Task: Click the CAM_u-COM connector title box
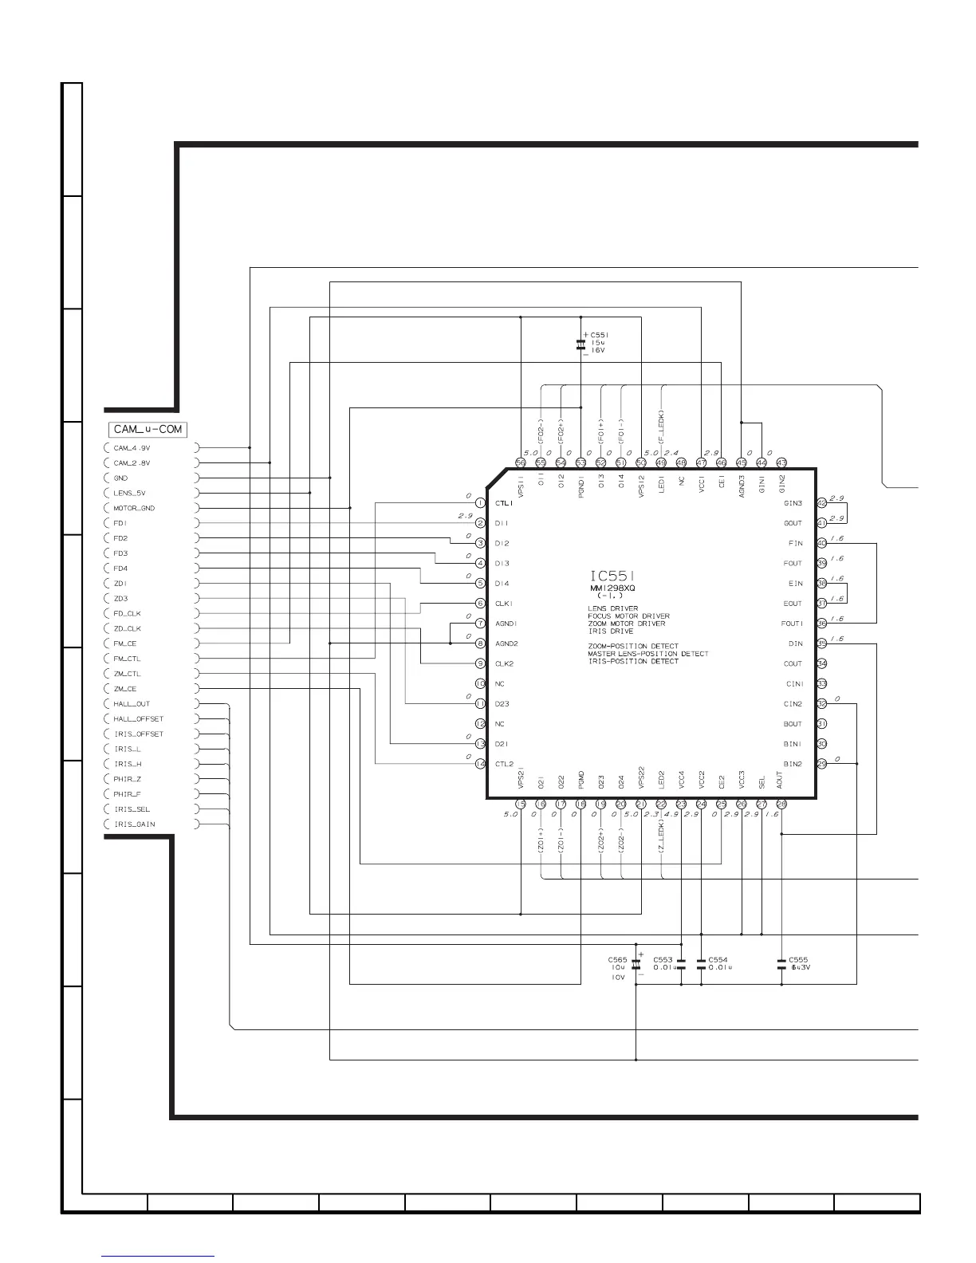(x=148, y=429)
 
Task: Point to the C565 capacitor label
(x=617, y=960)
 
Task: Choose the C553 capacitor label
(x=663, y=960)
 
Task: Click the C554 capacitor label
(x=718, y=960)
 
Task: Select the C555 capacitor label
(x=798, y=960)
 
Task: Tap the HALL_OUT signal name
(x=132, y=704)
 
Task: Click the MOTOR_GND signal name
(x=134, y=508)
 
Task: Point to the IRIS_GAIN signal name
(x=134, y=824)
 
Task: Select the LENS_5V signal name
(x=129, y=493)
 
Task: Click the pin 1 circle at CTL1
(x=480, y=503)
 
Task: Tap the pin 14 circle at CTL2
(x=480, y=764)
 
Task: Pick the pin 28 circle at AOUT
(x=781, y=805)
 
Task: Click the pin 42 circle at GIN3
(x=822, y=503)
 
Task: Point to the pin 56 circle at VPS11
(x=521, y=462)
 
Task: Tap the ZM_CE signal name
(x=125, y=689)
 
